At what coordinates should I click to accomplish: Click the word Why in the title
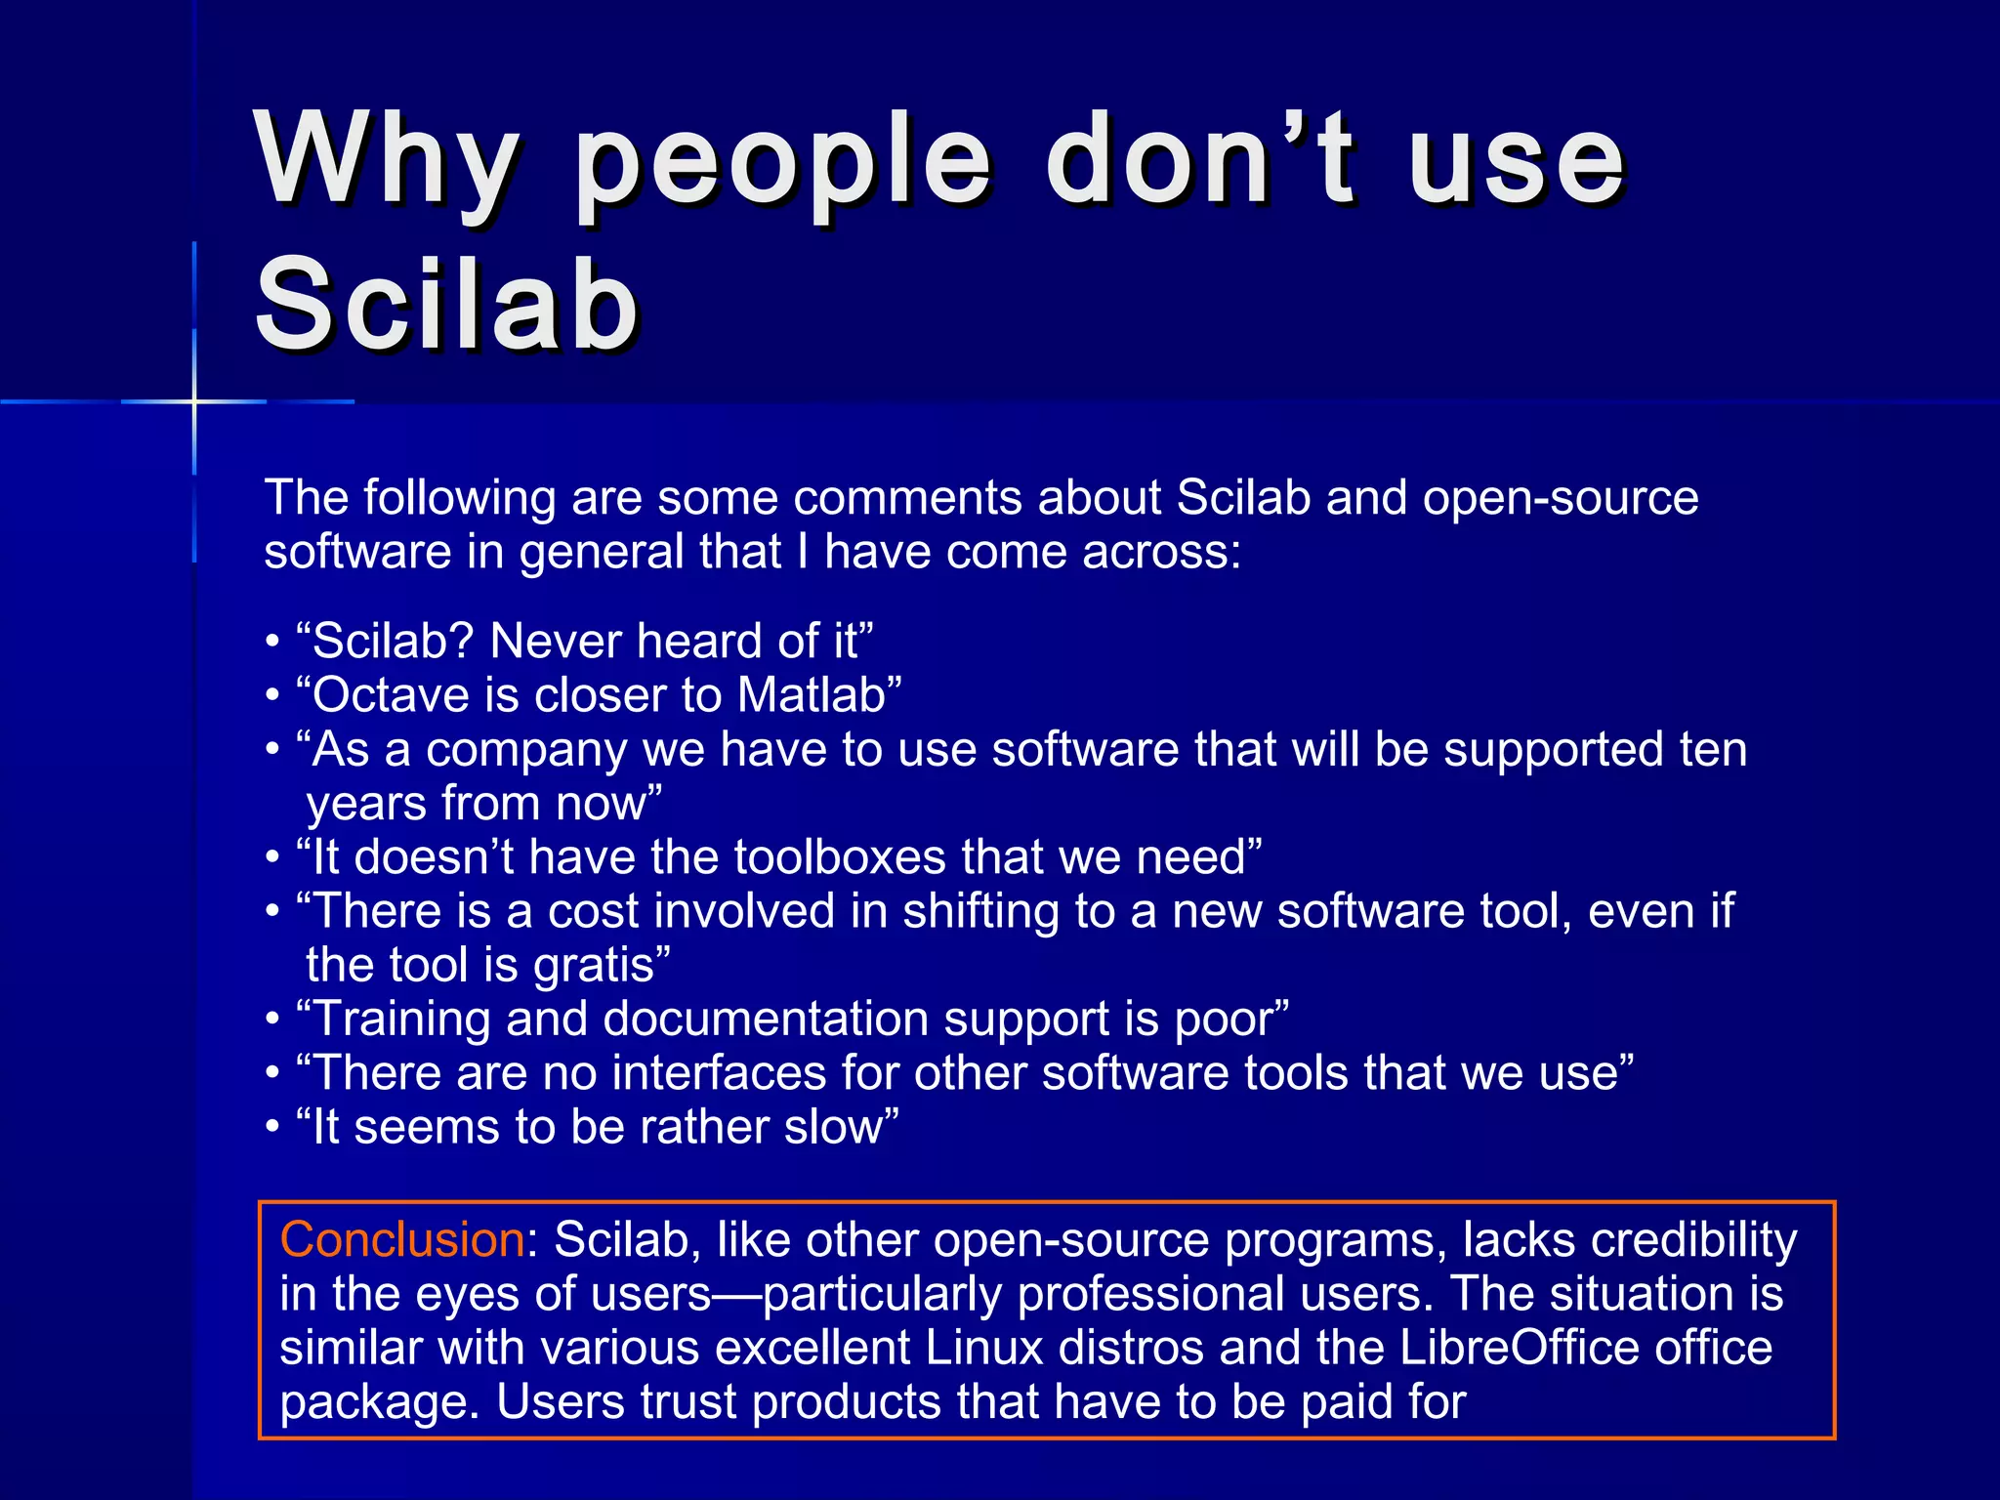pos(387,161)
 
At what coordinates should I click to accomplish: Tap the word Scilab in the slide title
pos(447,305)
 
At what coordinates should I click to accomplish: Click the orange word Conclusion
pos(402,1240)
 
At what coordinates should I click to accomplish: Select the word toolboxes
pos(840,857)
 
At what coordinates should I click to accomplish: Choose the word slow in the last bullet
pos(833,1127)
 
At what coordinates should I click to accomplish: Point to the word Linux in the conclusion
pos(984,1348)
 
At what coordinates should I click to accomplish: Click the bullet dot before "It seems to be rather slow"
pos(272,1128)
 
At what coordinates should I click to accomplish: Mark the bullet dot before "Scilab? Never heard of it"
pos(272,643)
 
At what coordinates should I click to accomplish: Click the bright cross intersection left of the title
pos(194,401)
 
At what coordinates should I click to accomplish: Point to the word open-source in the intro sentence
pos(1561,498)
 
